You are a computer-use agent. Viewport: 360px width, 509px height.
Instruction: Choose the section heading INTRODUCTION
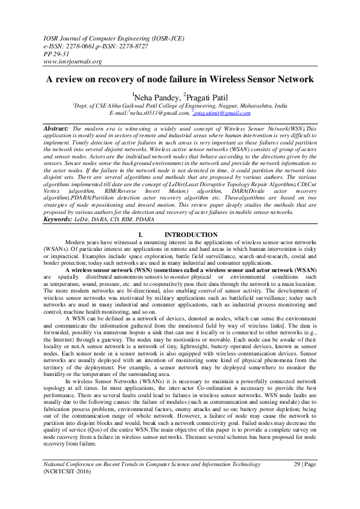point(191,235)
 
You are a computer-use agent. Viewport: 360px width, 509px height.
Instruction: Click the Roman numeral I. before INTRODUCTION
point(141,235)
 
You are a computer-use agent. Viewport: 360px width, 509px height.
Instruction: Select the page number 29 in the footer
point(297,479)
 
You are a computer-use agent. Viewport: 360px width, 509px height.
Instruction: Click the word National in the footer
point(56,479)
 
